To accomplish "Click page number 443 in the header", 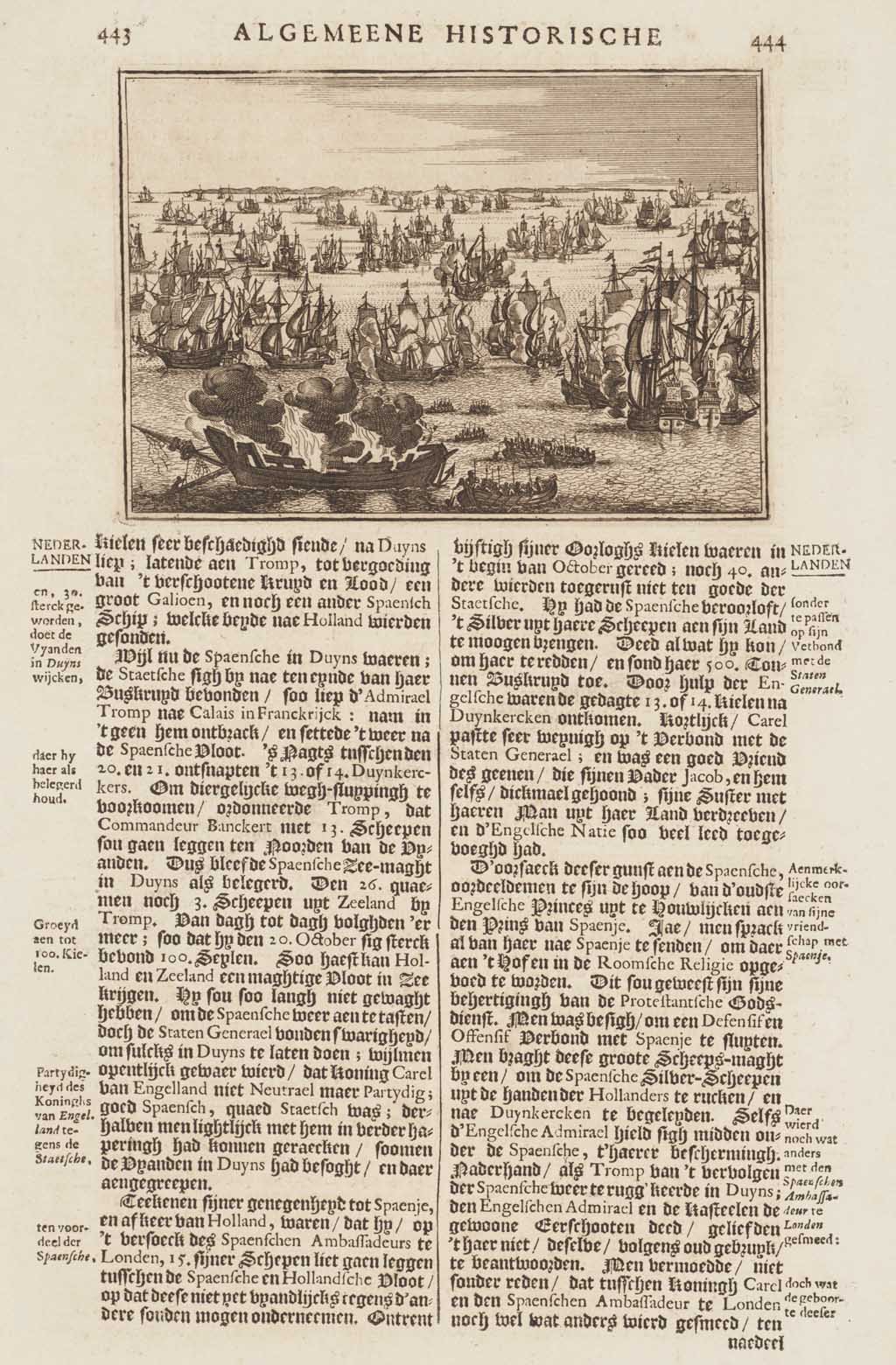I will pyautogui.click(x=115, y=36).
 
